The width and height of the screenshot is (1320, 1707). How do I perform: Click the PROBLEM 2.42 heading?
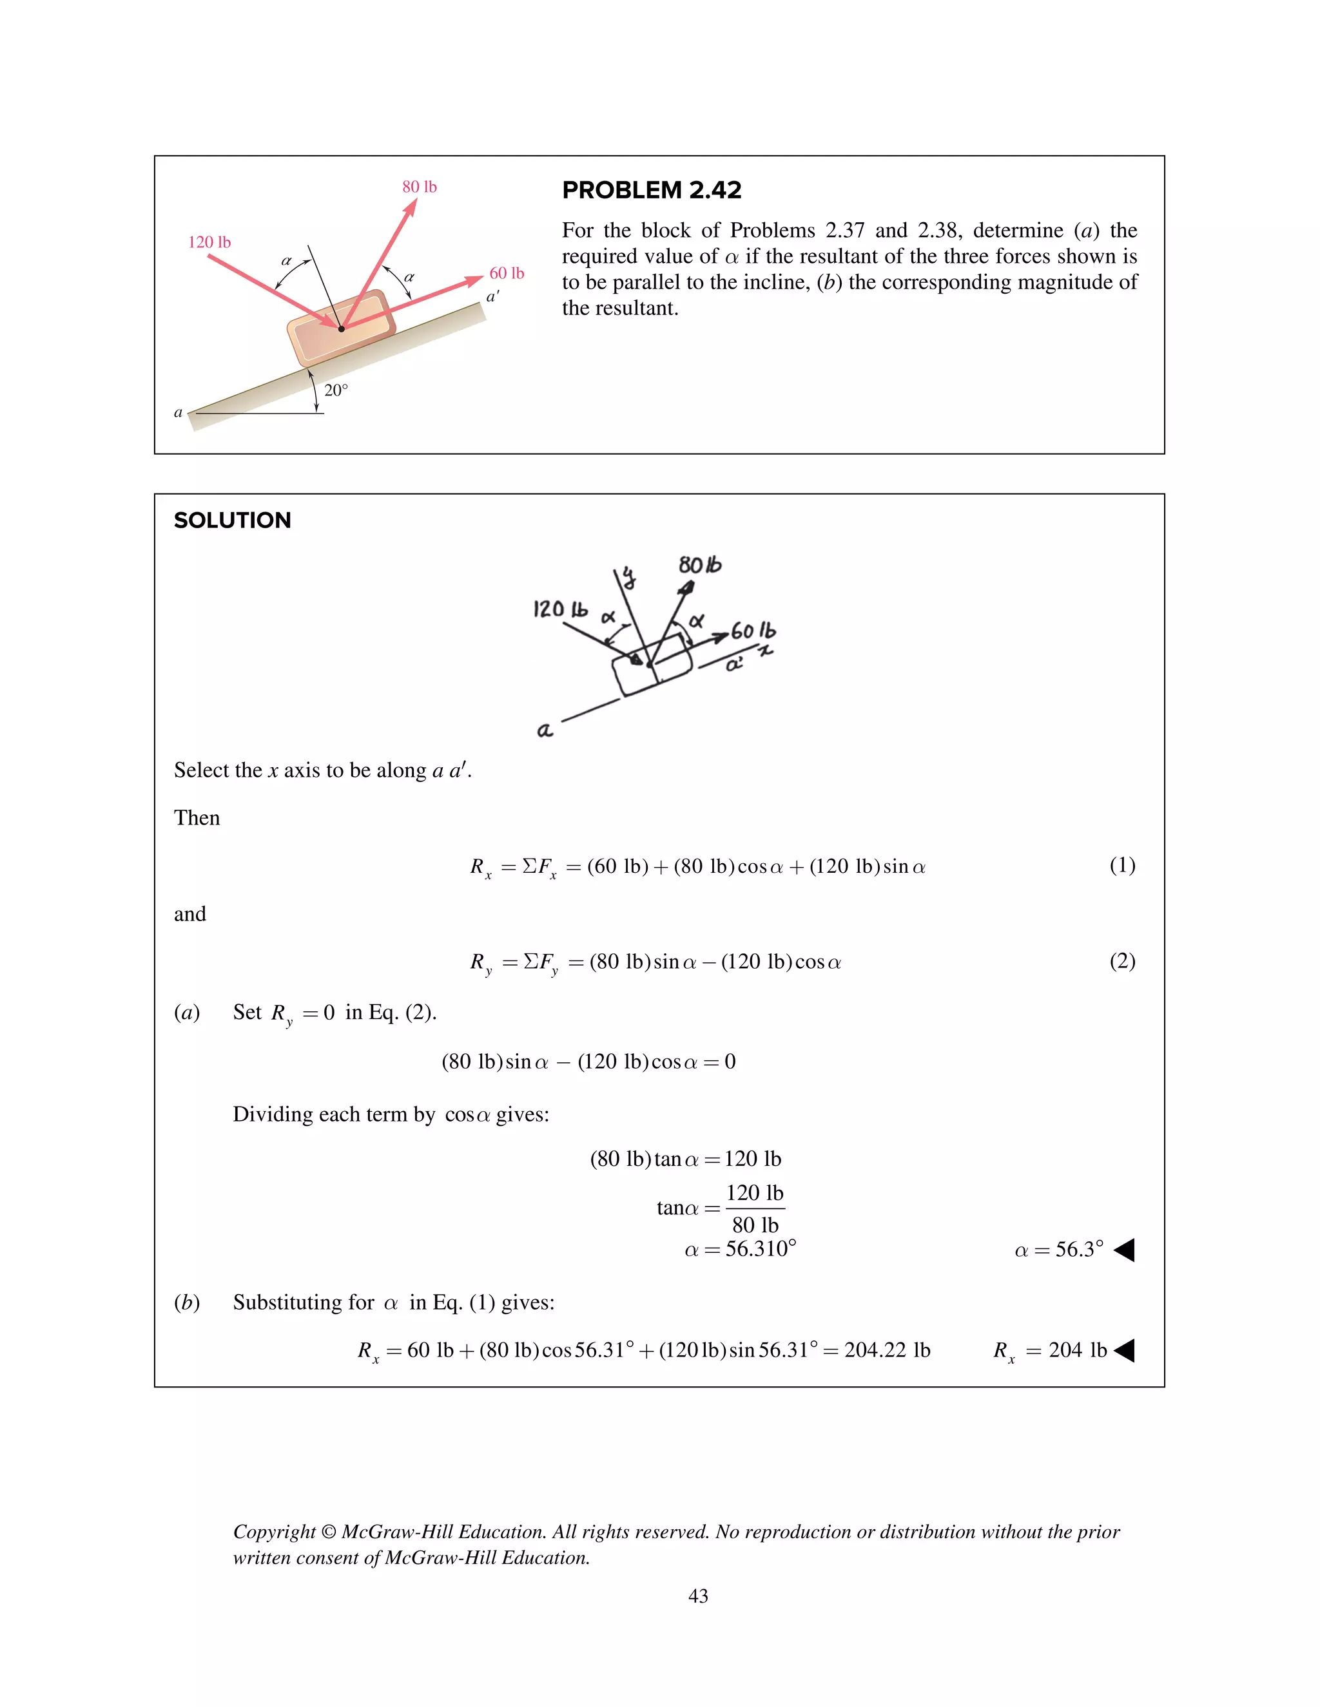coord(652,190)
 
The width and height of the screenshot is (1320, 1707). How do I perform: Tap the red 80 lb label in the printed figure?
coord(419,187)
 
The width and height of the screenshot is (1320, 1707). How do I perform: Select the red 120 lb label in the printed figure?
coord(209,242)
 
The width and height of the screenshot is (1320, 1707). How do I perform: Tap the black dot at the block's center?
coord(341,329)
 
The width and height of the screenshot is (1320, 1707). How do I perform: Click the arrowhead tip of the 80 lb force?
coord(415,199)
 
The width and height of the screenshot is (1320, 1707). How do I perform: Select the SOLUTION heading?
coord(232,520)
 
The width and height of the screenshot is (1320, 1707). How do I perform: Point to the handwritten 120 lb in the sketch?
coord(560,609)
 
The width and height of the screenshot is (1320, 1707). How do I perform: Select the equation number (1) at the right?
coord(1122,864)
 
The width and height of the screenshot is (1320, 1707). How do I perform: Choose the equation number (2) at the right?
coord(1122,960)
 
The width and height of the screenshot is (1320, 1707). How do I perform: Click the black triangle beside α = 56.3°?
coord(1125,1250)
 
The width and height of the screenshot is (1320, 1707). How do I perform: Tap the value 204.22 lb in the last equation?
coord(887,1349)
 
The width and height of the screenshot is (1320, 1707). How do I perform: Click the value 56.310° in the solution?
coord(760,1249)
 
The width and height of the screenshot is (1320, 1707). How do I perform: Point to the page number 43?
coord(697,1596)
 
